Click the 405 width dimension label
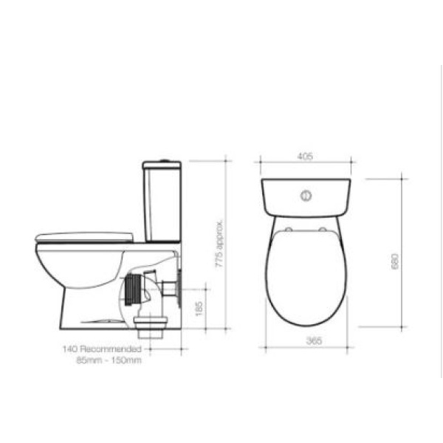tap(305, 157)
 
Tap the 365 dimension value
tap(315, 340)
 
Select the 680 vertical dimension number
tap(395, 261)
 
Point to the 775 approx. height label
tap(219, 244)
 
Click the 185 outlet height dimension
tap(199, 309)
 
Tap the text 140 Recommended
tap(102, 349)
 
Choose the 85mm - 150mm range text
tap(109, 360)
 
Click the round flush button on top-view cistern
tap(306, 196)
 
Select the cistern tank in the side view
tap(162, 205)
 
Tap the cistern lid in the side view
tap(162, 165)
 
